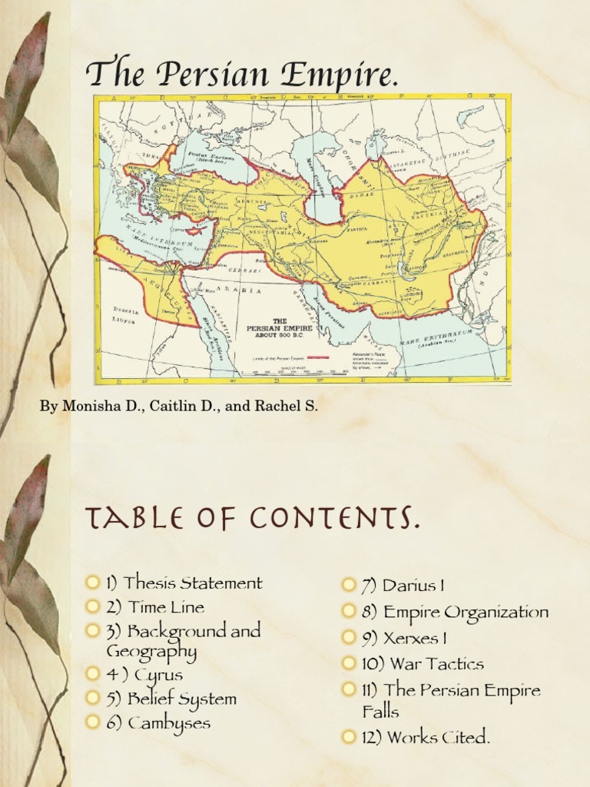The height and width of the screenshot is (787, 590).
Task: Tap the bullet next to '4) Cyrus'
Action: pos(93,674)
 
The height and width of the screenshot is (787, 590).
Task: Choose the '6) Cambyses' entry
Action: pos(168,722)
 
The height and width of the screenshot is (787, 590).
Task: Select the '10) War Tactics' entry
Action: pos(423,663)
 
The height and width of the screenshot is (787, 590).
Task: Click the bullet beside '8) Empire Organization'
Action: pos(350,613)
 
